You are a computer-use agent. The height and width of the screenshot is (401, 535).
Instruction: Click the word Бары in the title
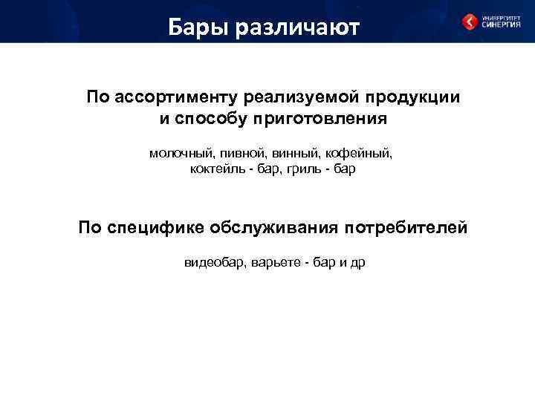click(197, 27)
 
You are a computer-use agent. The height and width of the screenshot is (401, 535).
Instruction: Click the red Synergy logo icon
click(470, 22)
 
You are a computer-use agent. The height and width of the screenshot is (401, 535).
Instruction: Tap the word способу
click(213, 119)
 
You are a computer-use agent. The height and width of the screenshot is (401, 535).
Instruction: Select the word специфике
click(154, 228)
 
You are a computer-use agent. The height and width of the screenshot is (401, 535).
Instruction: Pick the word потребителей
click(405, 228)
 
